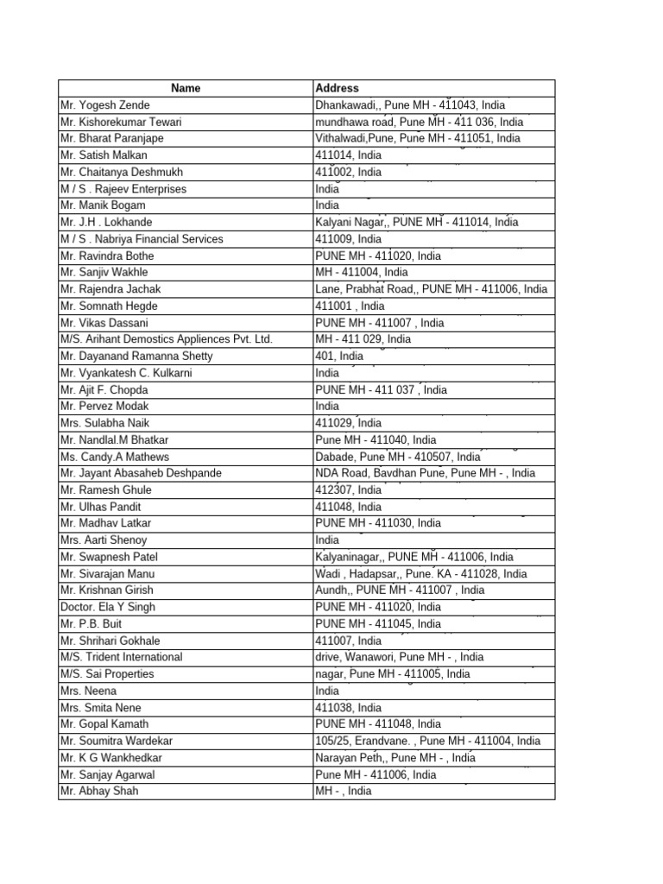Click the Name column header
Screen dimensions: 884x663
pos(186,88)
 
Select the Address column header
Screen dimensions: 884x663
pos(338,88)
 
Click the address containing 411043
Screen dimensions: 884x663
pos(410,105)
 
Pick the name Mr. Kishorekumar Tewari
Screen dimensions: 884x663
pos(121,123)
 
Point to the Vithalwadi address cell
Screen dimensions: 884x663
pos(418,138)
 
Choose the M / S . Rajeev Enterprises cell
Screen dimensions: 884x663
pos(123,189)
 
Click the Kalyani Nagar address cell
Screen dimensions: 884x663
pos(417,222)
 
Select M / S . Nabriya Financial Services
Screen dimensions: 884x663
pos(142,239)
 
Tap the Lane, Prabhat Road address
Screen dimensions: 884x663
pos(431,289)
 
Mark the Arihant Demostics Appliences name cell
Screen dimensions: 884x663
pos(167,339)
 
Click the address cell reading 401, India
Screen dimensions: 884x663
pos(339,356)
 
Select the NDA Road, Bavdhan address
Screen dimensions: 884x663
pos(425,473)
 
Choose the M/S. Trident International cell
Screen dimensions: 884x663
pos(122,657)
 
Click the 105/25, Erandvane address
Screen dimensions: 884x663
pos(428,741)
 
